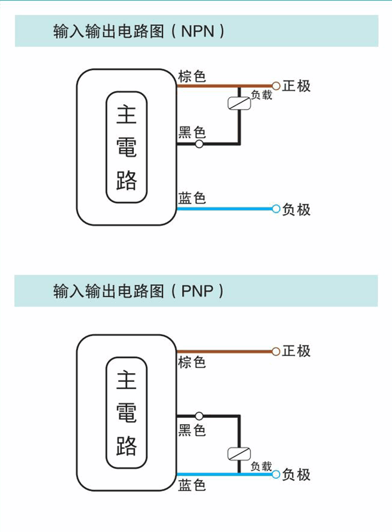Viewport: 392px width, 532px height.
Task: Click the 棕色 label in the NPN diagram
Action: (192, 76)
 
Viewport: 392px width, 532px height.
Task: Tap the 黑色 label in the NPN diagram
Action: (192, 132)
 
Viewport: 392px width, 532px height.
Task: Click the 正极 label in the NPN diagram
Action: (297, 86)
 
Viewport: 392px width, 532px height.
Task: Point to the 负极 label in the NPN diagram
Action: (297, 209)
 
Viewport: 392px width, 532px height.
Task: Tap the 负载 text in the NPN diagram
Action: (262, 95)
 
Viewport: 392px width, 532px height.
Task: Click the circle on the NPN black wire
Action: (199, 144)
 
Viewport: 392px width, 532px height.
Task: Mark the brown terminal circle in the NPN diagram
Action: (276, 86)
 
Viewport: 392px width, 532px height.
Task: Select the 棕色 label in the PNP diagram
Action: (192, 362)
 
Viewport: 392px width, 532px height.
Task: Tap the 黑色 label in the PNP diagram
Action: (192, 430)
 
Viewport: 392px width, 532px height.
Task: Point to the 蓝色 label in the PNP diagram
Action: (192, 485)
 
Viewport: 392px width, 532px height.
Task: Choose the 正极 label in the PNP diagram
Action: (297, 351)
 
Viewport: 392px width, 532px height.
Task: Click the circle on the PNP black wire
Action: (199, 416)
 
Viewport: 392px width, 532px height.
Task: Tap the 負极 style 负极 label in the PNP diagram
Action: (297, 474)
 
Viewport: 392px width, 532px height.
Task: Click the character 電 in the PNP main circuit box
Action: (127, 413)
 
